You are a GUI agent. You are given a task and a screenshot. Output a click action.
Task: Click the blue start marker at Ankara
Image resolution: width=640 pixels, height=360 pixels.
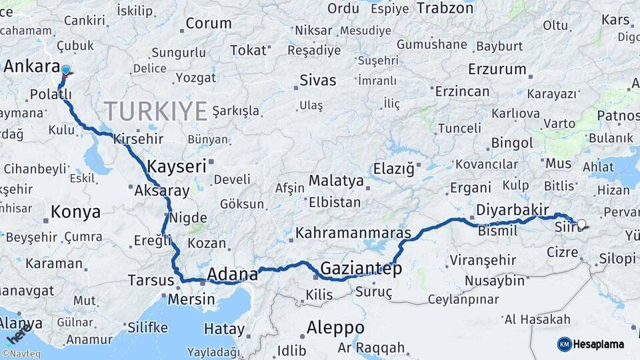(65, 70)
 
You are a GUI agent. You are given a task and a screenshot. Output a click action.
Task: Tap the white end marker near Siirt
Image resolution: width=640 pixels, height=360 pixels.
(581, 225)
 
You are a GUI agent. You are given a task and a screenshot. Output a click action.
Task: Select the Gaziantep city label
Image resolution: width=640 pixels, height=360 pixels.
(361, 269)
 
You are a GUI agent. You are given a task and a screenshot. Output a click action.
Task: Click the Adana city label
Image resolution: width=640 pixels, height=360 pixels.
(233, 274)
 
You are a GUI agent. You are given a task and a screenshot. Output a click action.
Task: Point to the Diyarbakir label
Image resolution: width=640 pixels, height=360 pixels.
(512, 210)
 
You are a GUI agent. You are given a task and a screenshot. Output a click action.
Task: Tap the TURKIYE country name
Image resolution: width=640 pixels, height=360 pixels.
(155, 111)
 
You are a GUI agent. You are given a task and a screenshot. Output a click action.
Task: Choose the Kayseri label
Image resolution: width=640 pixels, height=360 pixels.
(177, 166)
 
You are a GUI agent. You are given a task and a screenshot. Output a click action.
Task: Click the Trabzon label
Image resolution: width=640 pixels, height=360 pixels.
(445, 8)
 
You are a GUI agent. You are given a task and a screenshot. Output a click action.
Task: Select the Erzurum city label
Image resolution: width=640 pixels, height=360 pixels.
(497, 69)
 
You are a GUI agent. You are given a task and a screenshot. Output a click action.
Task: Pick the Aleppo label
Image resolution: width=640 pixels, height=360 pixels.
(335, 328)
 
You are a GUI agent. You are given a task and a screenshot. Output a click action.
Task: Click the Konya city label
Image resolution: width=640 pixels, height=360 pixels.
(75, 212)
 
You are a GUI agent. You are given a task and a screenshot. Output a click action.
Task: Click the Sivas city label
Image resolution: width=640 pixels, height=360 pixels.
(317, 81)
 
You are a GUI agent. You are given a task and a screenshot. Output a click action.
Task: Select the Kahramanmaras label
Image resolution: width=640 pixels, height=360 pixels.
(353, 233)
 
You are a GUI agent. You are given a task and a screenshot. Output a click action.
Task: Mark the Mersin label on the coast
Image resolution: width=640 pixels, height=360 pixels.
(191, 299)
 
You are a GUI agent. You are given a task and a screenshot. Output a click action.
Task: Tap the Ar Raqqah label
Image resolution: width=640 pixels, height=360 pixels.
(371, 347)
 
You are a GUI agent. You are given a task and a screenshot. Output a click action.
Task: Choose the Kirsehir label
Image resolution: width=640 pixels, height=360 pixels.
(139, 139)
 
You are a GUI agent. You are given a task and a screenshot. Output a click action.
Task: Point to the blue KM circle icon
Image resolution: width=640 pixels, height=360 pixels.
(564, 344)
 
